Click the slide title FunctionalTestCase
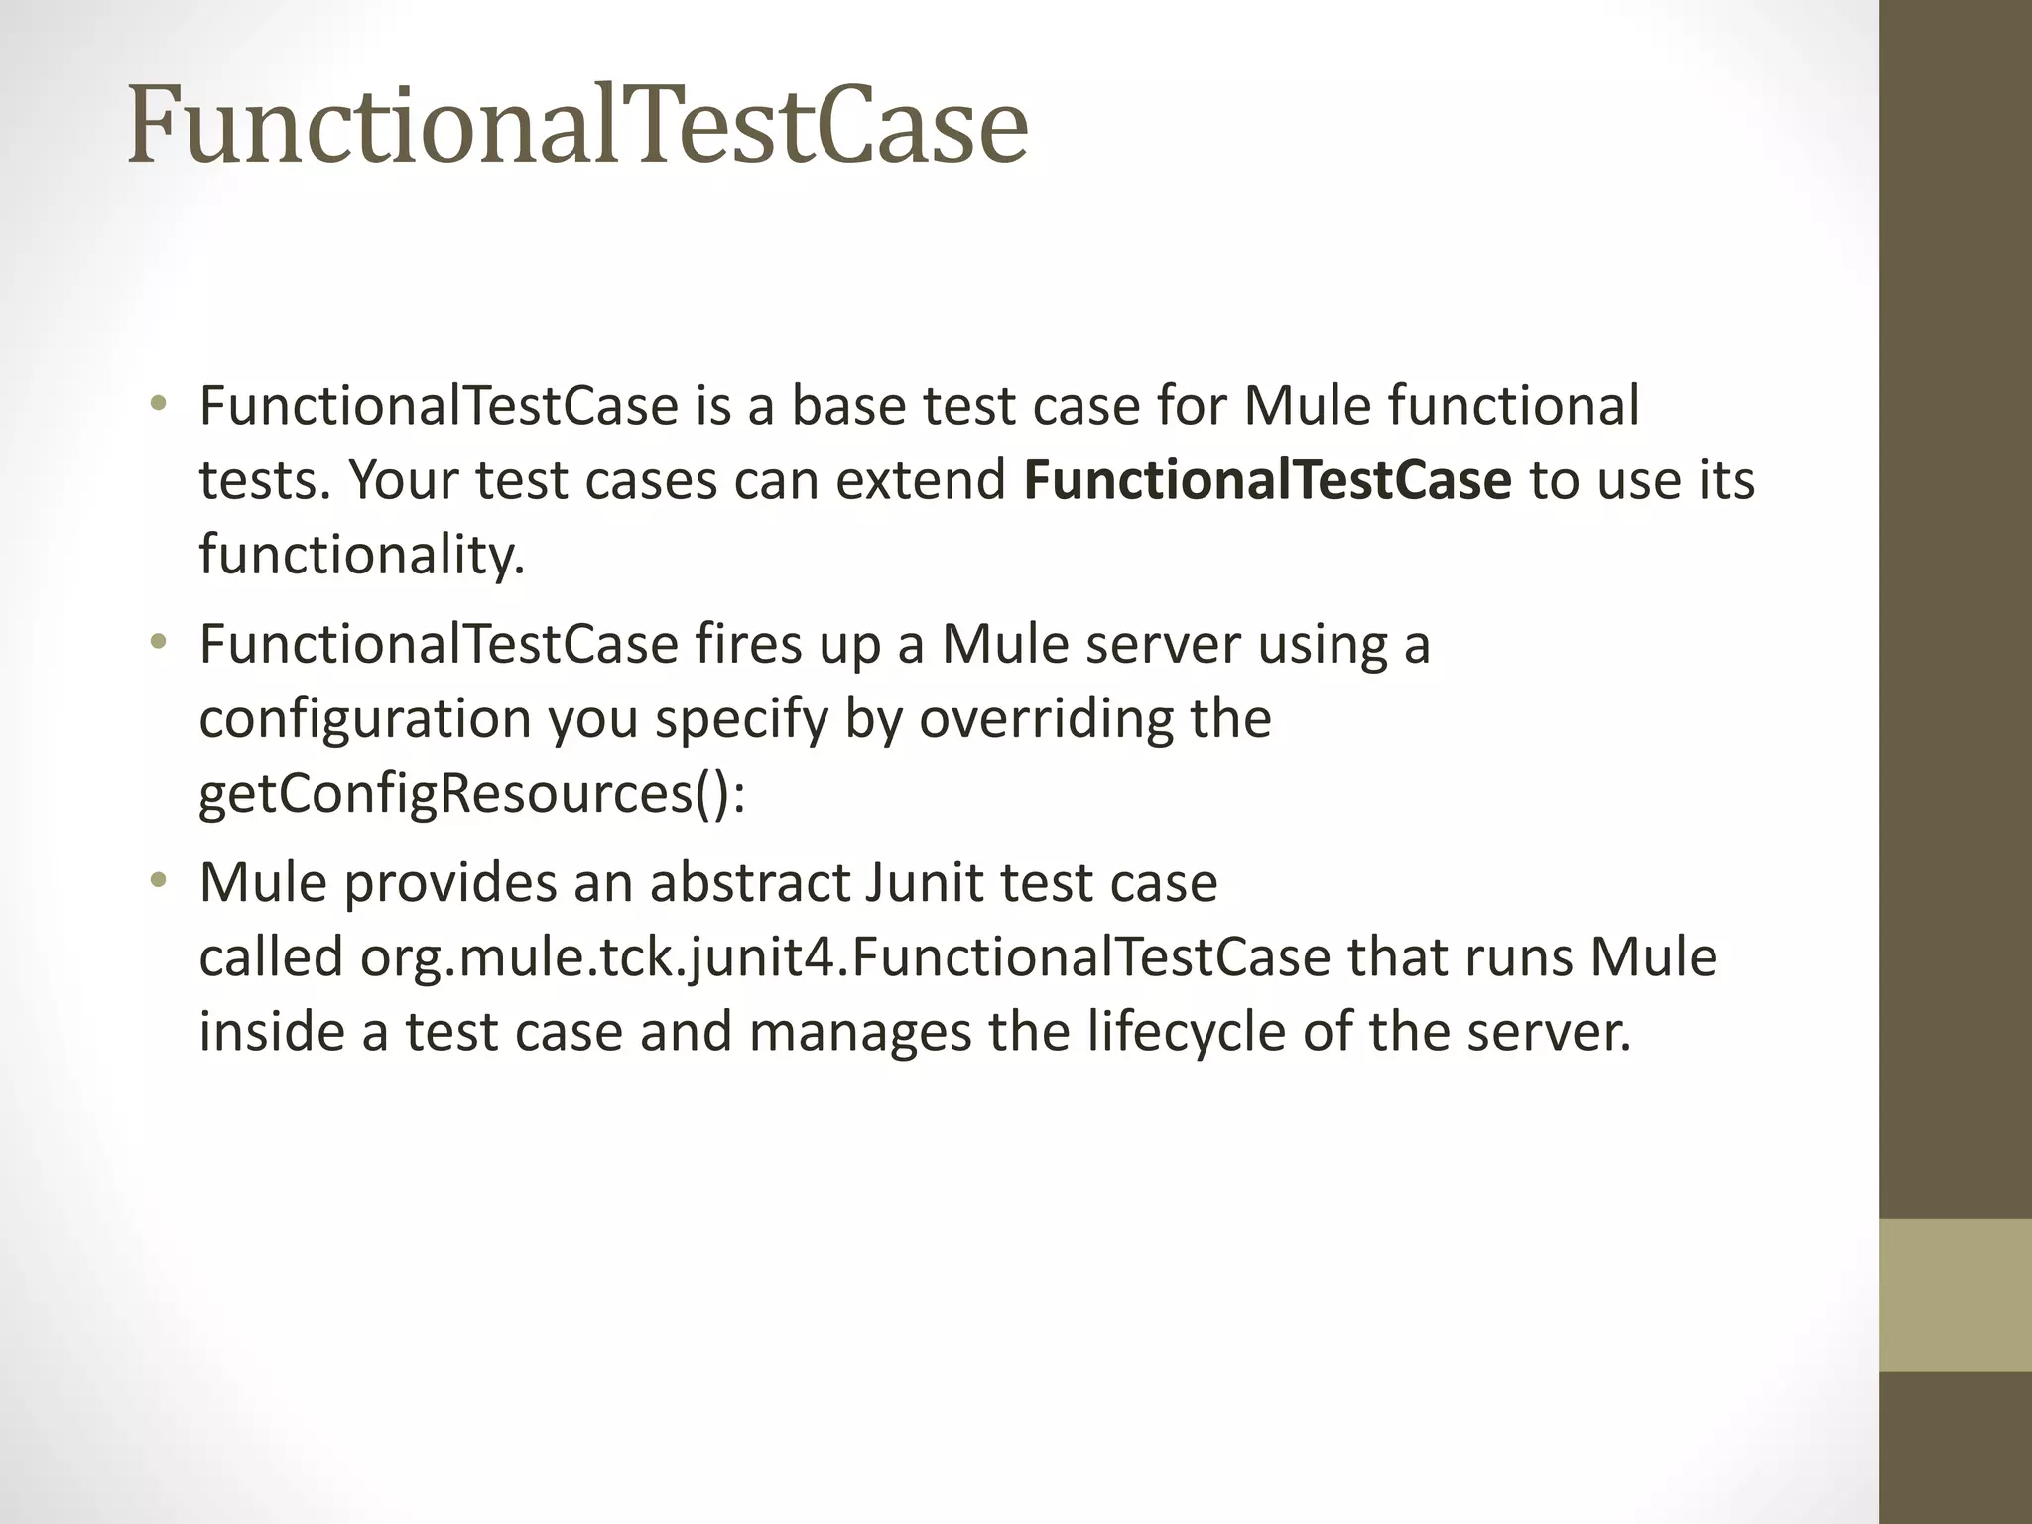pos(577,127)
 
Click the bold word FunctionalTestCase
pos(1267,480)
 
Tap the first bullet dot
pos(158,404)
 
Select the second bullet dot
pos(158,642)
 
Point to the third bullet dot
pos(158,880)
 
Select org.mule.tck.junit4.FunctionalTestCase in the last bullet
pos(844,957)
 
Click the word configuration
pos(365,718)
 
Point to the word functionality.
pos(361,555)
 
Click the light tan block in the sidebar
pos(1955,1295)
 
